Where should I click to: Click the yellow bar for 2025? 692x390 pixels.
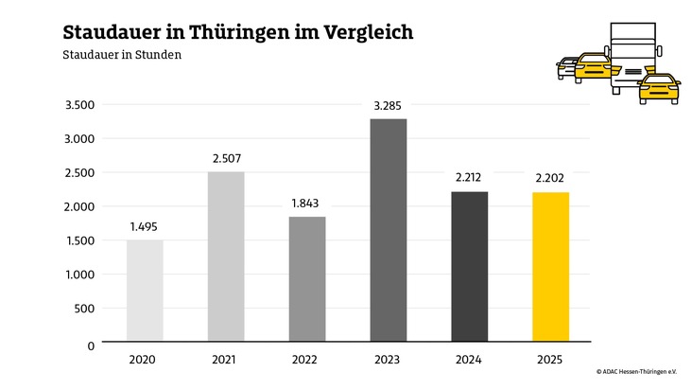[551, 266]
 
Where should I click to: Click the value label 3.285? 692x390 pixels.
[389, 105]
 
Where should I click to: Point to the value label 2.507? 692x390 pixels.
[226, 158]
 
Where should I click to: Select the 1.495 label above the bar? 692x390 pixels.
[145, 226]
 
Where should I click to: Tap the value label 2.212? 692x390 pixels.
[470, 178]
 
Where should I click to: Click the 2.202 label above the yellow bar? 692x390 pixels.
[551, 179]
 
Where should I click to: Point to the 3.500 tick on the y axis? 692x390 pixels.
[79, 105]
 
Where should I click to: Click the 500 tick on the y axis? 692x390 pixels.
[85, 309]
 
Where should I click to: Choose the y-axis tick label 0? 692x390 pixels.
[91, 346]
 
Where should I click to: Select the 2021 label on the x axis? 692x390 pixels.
[226, 360]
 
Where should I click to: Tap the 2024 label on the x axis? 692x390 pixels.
[470, 360]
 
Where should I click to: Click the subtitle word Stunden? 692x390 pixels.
[156, 55]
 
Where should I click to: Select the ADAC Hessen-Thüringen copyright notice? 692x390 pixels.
[636, 372]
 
